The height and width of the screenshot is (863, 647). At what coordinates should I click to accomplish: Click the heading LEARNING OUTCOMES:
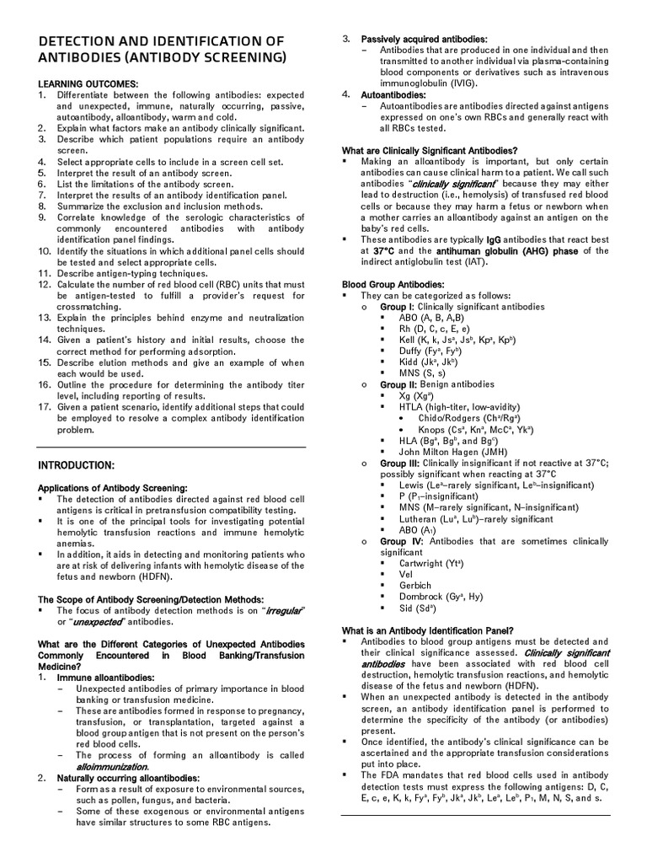pos(88,85)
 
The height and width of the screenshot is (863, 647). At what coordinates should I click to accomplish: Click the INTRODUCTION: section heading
pos(76,465)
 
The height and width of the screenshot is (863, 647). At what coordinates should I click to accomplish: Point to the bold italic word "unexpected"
pos(97,622)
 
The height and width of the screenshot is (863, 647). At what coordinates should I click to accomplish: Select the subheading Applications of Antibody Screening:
pos(112,488)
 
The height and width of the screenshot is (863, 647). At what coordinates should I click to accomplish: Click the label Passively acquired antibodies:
pos(424,40)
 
